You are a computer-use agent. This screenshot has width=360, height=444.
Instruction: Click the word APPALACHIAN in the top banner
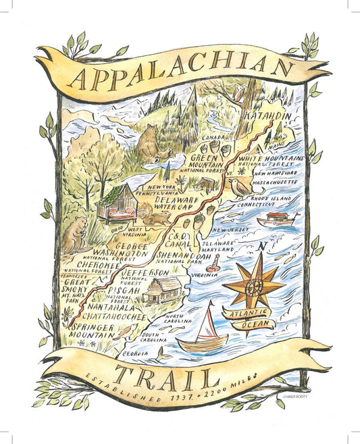point(182,72)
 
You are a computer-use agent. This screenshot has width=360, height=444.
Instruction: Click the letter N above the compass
point(259,248)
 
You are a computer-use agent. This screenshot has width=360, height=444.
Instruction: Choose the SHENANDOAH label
point(186,256)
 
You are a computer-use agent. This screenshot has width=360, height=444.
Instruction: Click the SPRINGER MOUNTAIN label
point(95,330)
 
